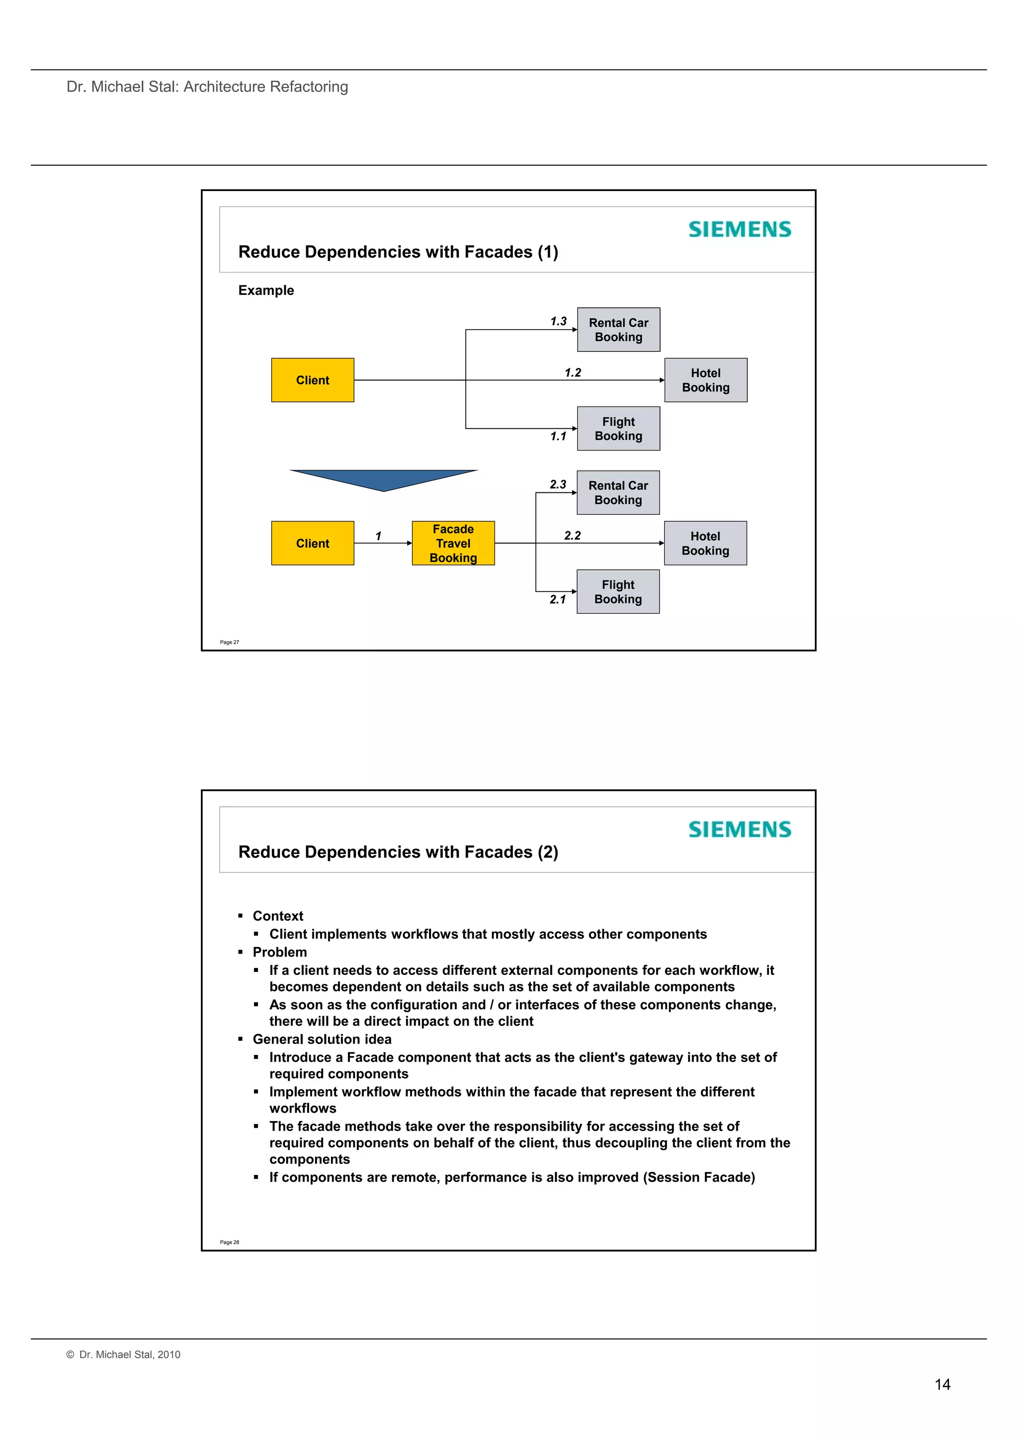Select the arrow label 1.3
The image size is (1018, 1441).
pyautogui.click(x=558, y=321)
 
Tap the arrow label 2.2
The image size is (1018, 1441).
pyautogui.click(x=572, y=535)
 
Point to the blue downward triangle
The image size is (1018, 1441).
pyautogui.click(x=384, y=479)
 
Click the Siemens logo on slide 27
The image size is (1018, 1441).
pyautogui.click(x=740, y=229)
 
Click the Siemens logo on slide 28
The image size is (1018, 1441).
pyautogui.click(x=740, y=829)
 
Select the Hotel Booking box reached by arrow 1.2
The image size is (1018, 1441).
pyautogui.click(x=706, y=381)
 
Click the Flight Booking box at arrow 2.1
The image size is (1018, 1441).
pyautogui.click(x=618, y=592)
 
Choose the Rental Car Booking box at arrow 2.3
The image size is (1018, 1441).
pyautogui.click(x=618, y=492)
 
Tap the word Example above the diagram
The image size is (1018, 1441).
pyautogui.click(x=266, y=290)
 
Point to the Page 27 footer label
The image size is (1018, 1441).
pyautogui.click(x=230, y=642)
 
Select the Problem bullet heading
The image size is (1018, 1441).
pyautogui.click(x=280, y=952)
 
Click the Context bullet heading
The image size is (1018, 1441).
pyautogui.click(x=278, y=916)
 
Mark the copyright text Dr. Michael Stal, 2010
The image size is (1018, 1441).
pyautogui.click(x=124, y=1354)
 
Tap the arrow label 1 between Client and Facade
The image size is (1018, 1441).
pyautogui.click(x=378, y=536)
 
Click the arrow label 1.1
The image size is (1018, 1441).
pyautogui.click(x=558, y=436)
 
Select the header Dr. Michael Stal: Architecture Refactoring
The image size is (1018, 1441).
pyautogui.click(x=207, y=87)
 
